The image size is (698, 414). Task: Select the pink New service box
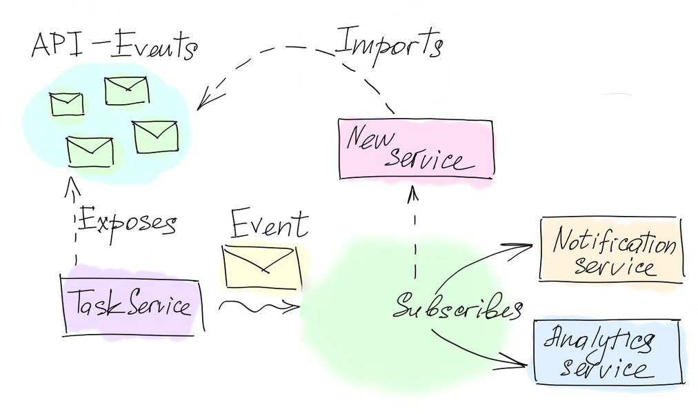coord(416,149)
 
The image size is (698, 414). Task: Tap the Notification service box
coord(612,248)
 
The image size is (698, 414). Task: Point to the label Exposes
coord(127,222)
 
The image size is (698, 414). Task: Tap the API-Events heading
coord(114,47)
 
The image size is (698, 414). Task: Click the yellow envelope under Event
coord(261,268)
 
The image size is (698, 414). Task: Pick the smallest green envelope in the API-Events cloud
coord(67,103)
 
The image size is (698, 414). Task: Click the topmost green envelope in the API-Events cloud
coord(126,90)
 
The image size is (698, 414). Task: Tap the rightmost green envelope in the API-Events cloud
coord(156,136)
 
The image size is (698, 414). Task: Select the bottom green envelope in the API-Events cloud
coord(90,151)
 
